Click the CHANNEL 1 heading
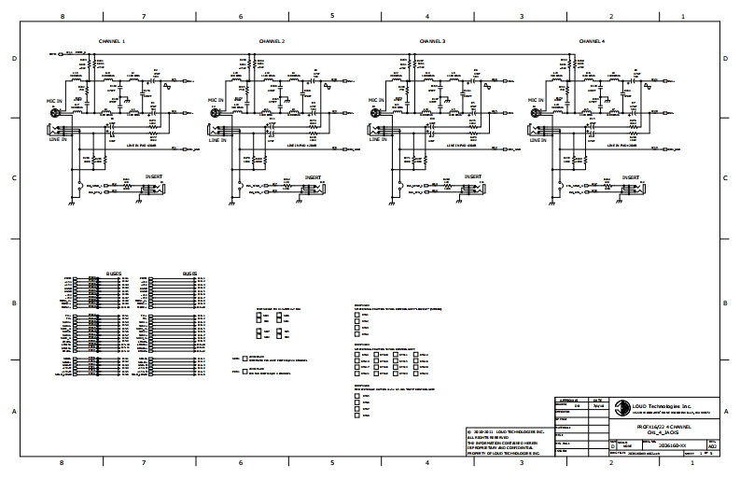(x=112, y=42)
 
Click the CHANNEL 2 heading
(x=271, y=42)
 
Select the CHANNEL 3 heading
(x=432, y=42)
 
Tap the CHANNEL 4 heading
(x=592, y=42)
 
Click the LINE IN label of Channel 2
(x=217, y=140)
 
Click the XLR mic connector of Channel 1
(x=54, y=113)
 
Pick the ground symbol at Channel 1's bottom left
(x=70, y=203)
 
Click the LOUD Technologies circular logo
(x=618, y=406)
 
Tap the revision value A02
(x=712, y=447)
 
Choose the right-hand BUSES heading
(x=190, y=274)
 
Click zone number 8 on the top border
(x=62, y=17)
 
